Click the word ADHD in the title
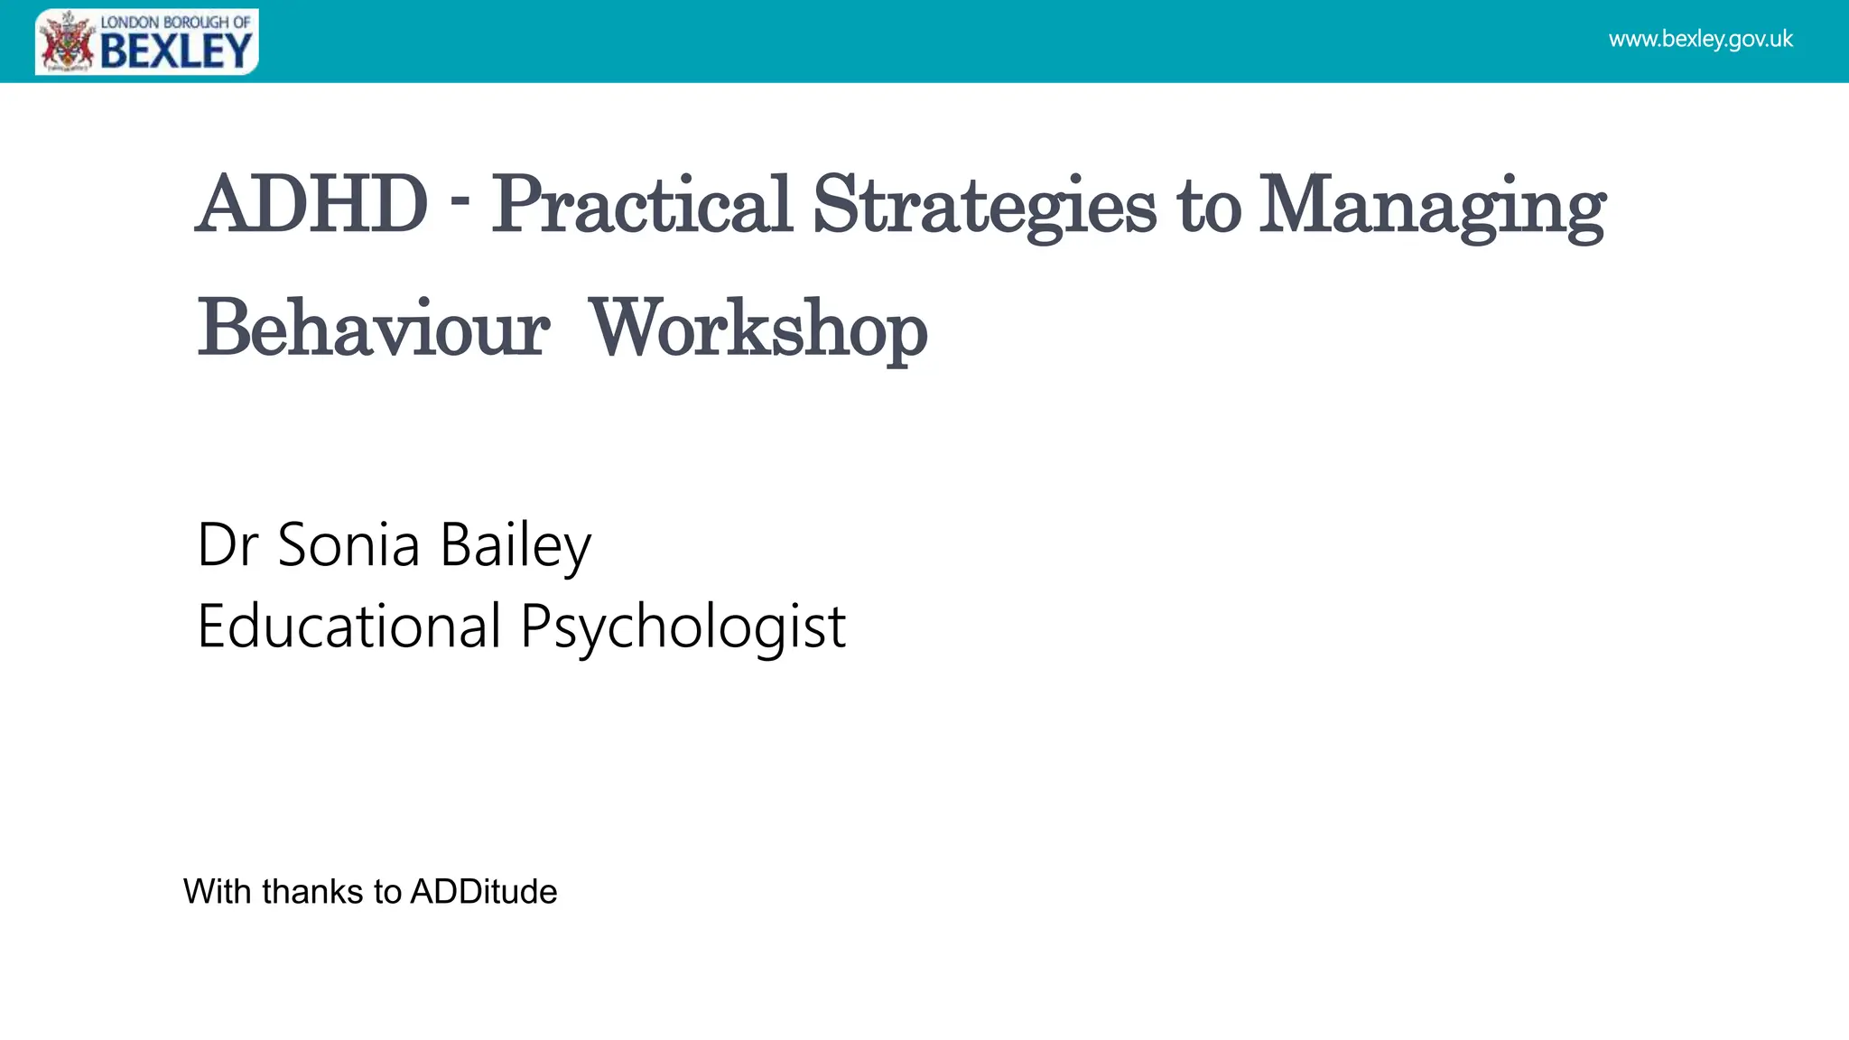coord(311,204)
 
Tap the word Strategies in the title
coord(983,206)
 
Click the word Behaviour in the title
coord(373,329)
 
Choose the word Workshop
coord(758,330)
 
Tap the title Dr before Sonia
coord(228,544)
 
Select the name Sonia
coord(348,544)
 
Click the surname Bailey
coord(516,546)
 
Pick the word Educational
coord(348,626)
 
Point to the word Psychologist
coord(683,627)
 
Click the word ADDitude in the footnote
coord(484,892)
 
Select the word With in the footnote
coord(217,892)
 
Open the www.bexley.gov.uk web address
coord(1700,40)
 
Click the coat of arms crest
coord(68,42)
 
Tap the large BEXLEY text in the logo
coord(176,51)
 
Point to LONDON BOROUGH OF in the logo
coord(175,22)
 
